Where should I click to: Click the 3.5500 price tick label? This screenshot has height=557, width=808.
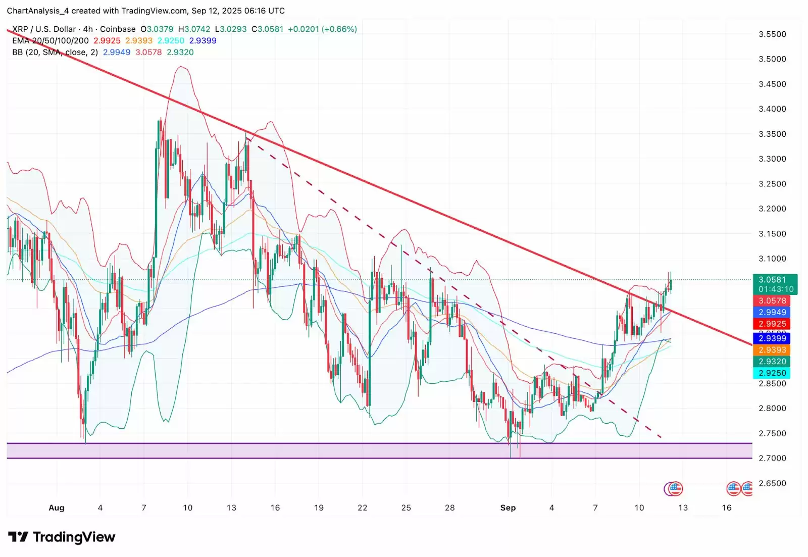(x=772, y=34)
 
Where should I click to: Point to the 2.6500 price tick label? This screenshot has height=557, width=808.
(x=772, y=483)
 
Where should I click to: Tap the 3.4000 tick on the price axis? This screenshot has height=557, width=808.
(x=772, y=109)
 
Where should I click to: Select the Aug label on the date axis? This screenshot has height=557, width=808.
(x=57, y=508)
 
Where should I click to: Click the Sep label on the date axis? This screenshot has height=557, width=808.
(x=508, y=508)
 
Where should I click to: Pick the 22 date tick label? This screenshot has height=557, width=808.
(x=363, y=508)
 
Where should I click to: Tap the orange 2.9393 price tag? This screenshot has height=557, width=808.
(x=772, y=350)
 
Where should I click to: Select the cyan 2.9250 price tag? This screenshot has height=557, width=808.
(x=772, y=373)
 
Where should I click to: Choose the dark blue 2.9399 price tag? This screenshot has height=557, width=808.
(x=772, y=338)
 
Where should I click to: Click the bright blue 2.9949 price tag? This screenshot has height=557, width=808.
(x=772, y=312)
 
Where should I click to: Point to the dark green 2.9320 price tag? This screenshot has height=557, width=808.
(x=772, y=362)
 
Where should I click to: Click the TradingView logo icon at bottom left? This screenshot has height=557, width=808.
(x=18, y=537)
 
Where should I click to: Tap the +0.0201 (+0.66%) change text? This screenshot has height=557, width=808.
(x=322, y=29)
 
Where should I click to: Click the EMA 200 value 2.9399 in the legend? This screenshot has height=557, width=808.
(x=203, y=41)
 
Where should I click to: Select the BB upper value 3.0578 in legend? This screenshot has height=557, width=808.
(x=148, y=53)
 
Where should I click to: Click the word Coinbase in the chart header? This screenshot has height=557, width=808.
(x=118, y=29)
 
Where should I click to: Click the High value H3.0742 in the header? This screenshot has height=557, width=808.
(x=194, y=29)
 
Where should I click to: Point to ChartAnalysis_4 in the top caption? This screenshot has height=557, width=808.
(x=38, y=11)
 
